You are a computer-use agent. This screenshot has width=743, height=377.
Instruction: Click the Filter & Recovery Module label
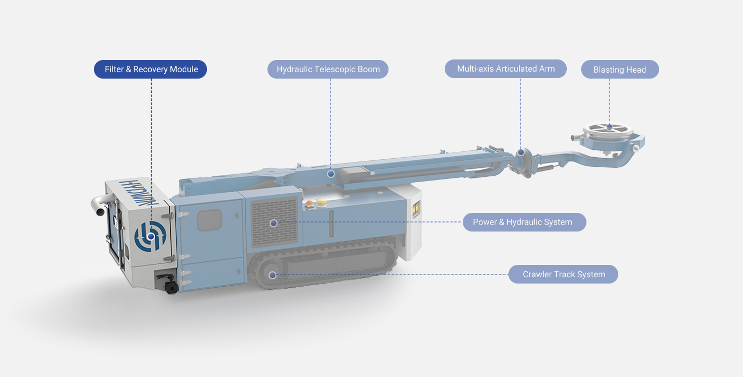point(151,70)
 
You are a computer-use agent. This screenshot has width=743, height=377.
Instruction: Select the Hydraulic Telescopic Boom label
point(328,70)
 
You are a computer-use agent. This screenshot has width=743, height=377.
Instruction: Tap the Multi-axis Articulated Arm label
point(505,68)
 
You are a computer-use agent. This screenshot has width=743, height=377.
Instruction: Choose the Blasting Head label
point(620,70)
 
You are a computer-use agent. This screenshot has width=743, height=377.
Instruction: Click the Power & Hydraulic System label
point(524,222)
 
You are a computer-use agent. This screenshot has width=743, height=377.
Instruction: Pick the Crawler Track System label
point(563,274)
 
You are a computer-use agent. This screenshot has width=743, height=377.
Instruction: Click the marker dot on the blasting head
point(609,127)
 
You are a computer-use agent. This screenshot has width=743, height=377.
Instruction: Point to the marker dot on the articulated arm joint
point(521,152)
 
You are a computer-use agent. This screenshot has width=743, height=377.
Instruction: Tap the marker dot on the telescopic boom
point(331,174)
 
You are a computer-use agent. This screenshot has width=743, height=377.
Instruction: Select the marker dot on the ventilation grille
point(274,224)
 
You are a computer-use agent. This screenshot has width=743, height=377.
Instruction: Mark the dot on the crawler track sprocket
point(272,275)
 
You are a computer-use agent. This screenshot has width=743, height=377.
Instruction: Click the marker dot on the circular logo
point(151,236)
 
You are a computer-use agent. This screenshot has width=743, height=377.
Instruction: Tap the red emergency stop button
point(309,204)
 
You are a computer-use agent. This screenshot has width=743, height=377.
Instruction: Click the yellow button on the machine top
point(322,202)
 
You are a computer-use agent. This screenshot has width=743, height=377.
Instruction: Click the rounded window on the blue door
point(210,220)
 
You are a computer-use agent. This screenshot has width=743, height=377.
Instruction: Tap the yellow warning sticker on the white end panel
point(416,209)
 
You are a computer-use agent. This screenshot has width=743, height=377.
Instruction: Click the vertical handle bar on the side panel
point(331,224)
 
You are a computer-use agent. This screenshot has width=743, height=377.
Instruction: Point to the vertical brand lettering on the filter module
point(138,192)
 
